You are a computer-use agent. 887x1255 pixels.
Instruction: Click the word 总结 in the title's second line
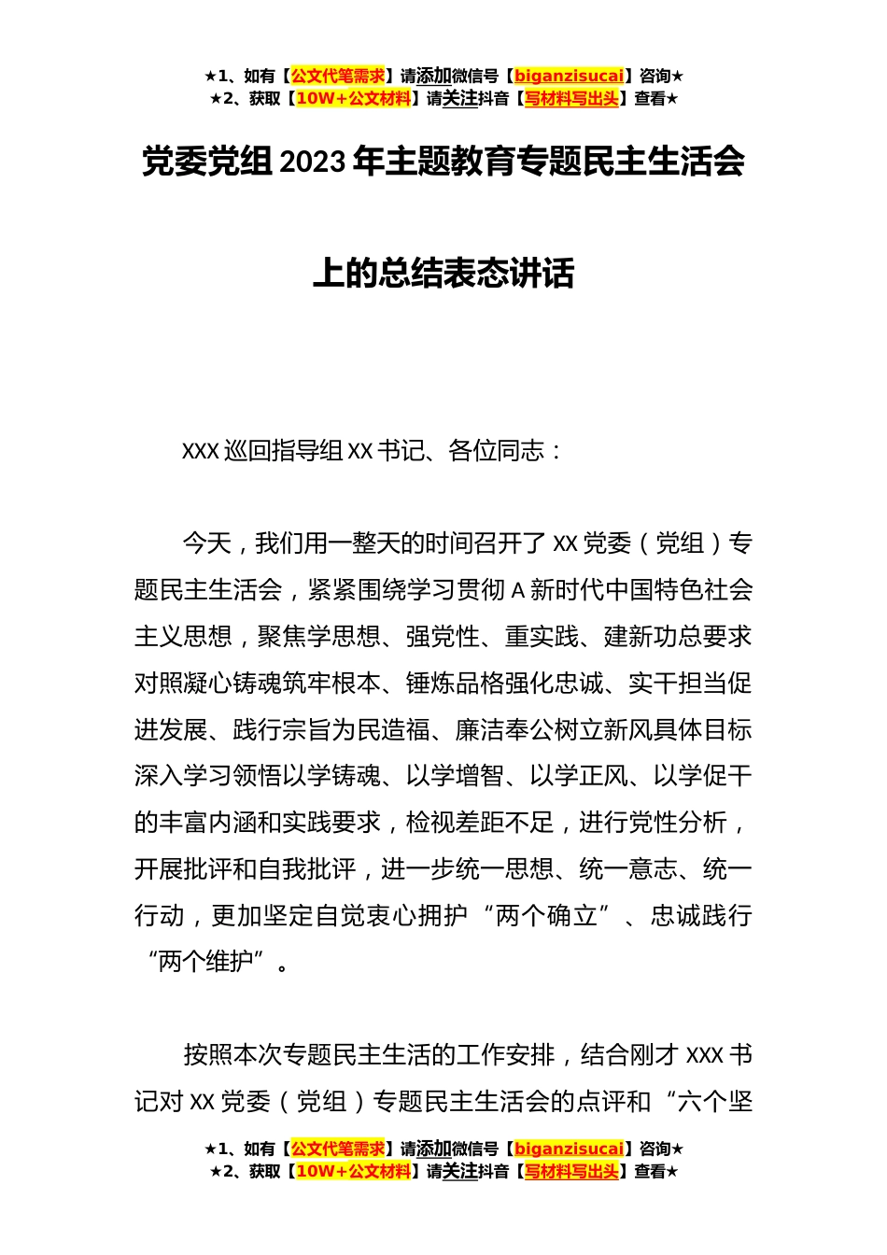pyautogui.click(x=411, y=274)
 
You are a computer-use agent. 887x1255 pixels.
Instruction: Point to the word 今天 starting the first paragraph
pyautogui.click(x=206, y=543)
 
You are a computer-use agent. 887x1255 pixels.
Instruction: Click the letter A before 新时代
pyautogui.click(x=520, y=590)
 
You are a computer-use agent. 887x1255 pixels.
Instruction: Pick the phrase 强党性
pyautogui.click(x=443, y=636)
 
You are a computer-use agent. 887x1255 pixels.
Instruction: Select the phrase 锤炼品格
pyautogui.click(x=455, y=683)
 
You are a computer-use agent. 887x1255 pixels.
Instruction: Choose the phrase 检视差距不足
pyautogui.click(x=480, y=823)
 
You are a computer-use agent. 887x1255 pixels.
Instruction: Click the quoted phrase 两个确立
pyautogui.click(x=547, y=916)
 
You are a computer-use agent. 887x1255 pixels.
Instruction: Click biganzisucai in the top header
pyautogui.click(x=569, y=76)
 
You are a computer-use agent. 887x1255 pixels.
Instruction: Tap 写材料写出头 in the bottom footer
pyautogui.click(x=571, y=1171)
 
